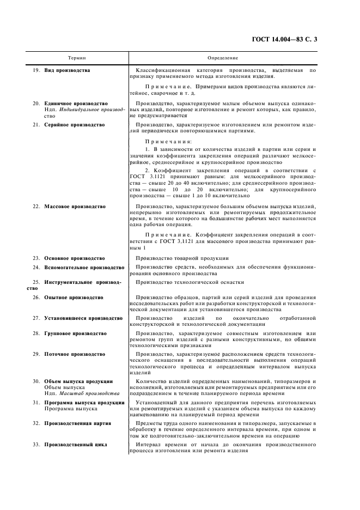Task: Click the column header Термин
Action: tap(77, 57)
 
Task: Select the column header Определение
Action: tap(223, 57)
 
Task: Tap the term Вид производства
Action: tap(68, 70)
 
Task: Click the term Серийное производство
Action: tap(75, 125)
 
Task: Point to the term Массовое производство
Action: tap(75, 207)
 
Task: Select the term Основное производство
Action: tap(75, 258)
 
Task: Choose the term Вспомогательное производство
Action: tap(84, 268)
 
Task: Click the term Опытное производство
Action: tap(74, 297)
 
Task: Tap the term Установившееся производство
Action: tap(83, 318)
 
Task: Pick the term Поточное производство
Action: tap(75, 354)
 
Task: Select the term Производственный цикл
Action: tap(76, 444)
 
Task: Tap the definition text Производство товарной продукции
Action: tap(182, 258)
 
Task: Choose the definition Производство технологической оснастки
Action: tap(189, 282)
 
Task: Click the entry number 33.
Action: tap(36, 444)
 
